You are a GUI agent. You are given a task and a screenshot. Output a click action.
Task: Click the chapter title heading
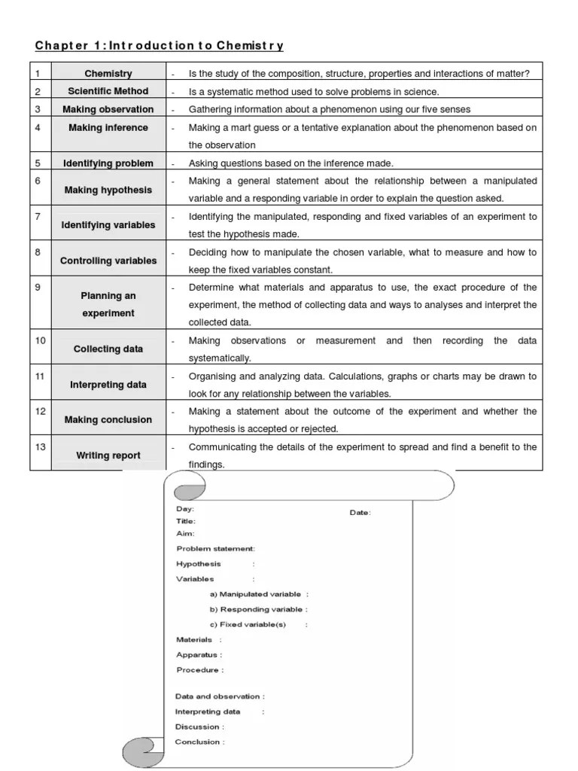(x=160, y=46)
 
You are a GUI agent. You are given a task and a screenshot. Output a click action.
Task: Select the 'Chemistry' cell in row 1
(x=108, y=74)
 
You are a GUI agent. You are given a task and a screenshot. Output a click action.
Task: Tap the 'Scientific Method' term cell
(x=108, y=92)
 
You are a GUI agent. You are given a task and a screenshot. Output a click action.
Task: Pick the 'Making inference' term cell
(x=108, y=128)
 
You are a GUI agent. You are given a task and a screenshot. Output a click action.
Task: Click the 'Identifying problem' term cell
(x=108, y=163)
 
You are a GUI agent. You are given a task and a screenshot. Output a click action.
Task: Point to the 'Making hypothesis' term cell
(x=108, y=190)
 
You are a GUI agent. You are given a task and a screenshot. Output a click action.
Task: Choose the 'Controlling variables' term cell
(x=108, y=261)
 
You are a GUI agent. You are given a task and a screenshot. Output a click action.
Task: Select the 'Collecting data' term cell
(x=108, y=349)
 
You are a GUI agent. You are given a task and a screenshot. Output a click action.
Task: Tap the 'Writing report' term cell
(x=108, y=456)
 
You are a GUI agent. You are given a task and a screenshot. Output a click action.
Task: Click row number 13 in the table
(x=40, y=447)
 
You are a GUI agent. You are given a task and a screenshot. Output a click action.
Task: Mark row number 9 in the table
(x=38, y=288)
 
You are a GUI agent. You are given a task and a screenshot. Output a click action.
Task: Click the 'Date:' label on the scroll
(x=360, y=513)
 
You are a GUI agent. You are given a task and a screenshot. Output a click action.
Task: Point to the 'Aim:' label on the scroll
(x=185, y=533)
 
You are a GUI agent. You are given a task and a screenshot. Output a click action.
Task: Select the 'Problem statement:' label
(x=215, y=549)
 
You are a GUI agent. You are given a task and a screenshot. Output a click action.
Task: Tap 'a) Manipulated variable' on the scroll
(x=258, y=594)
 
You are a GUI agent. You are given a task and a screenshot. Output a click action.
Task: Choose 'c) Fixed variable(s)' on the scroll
(x=248, y=625)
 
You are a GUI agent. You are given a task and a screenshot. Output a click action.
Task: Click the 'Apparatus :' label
(x=199, y=655)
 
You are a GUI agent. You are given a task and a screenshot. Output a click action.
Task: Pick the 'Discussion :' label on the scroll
(x=199, y=727)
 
